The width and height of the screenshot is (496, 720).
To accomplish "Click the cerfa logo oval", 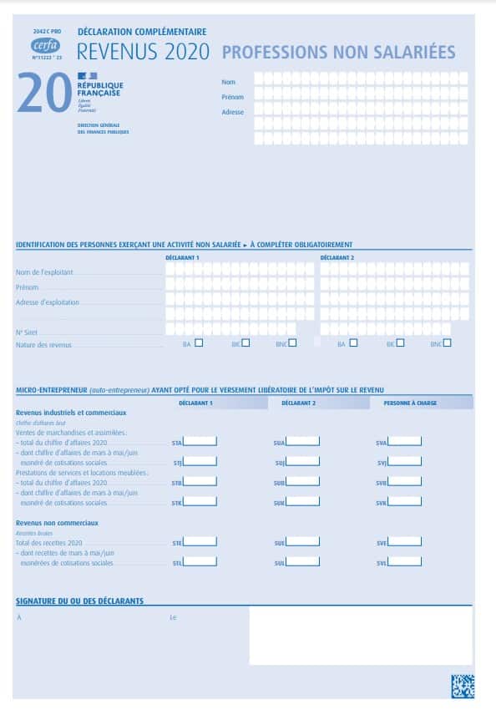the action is pos(45,45).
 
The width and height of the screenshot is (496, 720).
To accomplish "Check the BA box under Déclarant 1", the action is pos(198,342).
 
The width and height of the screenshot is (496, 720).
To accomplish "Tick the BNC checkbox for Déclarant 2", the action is pos(448,342).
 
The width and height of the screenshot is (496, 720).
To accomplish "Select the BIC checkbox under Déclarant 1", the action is pos(245,342).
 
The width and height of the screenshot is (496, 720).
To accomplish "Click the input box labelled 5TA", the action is pos(200,441).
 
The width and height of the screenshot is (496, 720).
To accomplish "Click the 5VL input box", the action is pos(405,562).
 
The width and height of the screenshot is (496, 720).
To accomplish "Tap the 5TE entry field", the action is pos(200,541).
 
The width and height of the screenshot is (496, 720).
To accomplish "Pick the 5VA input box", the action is pos(405,441).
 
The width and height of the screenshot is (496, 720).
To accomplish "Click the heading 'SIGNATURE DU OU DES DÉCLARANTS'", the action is pos(79,601).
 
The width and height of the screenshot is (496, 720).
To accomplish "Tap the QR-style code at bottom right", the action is pos(462,686).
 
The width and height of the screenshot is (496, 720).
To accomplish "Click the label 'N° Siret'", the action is pos(26,332).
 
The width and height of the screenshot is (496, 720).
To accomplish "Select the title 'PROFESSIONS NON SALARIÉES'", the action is pos(338,52).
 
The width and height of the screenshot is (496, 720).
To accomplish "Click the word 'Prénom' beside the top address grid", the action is pos(232,97).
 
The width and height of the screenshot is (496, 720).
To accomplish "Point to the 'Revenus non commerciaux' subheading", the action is pos(57,523).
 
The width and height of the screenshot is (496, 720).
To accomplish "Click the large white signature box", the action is pos(360,635).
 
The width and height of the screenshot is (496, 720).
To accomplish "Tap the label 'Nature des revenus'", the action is pos(44,344).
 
